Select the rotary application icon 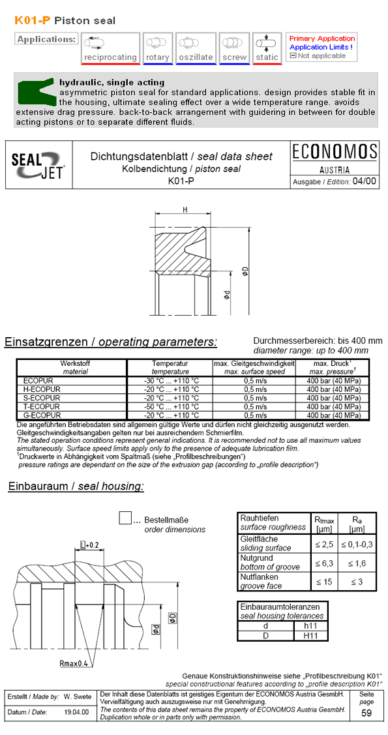(x=157, y=48)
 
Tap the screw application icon (x=234, y=48)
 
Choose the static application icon (x=267, y=48)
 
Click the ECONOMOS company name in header (x=334, y=153)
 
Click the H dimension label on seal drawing (x=185, y=210)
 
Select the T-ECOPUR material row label (x=41, y=406)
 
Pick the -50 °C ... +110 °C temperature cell (x=171, y=406)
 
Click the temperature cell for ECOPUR (x=171, y=380)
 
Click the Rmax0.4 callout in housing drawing (x=72, y=664)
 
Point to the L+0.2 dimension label (x=89, y=545)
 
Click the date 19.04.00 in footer (x=76, y=712)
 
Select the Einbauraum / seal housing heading (x=76, y=487)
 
